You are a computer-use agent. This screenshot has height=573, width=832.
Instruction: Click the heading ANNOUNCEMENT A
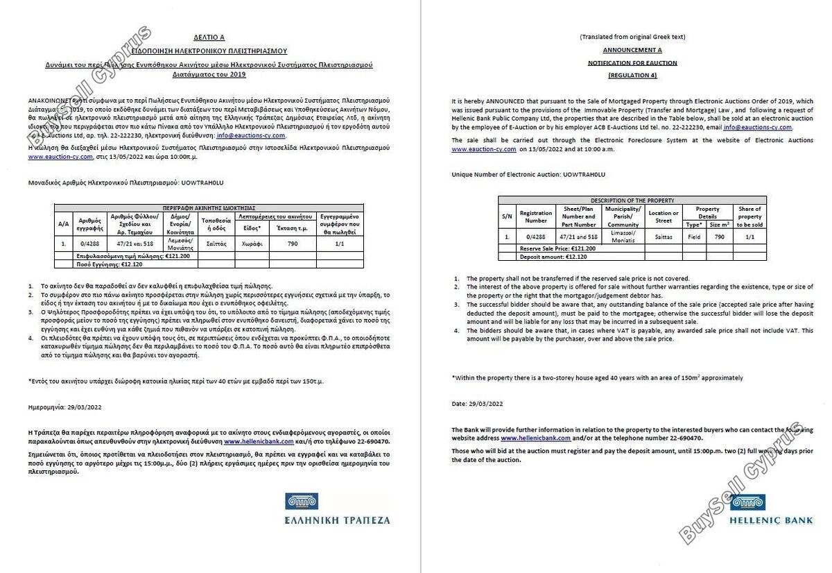(x=632, y=50)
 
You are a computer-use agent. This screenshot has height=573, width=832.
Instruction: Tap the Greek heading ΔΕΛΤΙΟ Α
(x=209, y=37)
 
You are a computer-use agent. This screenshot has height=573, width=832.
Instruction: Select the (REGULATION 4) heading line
(x=632, y=74)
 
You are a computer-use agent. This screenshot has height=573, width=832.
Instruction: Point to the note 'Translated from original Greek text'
(x=632, y=36)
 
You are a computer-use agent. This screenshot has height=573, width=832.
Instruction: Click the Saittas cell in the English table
(x=663, y=237)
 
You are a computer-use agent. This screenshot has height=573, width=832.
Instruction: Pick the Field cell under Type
(x=693, y=237)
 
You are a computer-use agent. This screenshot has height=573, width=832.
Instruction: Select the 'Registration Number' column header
(x=536, y=216)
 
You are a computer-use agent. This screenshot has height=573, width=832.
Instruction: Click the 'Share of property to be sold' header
(x=749, y=216)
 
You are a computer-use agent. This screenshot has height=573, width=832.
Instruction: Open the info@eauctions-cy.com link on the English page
(x=757, y=128)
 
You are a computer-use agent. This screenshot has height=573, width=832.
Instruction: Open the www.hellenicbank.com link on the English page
(x=535, y=438)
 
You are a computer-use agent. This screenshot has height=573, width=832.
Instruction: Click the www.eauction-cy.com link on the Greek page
(x=60, y=157)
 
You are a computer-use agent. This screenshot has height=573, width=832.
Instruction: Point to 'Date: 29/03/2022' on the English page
(x=477, y=404)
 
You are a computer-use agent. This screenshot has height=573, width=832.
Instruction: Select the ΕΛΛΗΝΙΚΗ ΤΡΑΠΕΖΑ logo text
(x=338, y=520)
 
